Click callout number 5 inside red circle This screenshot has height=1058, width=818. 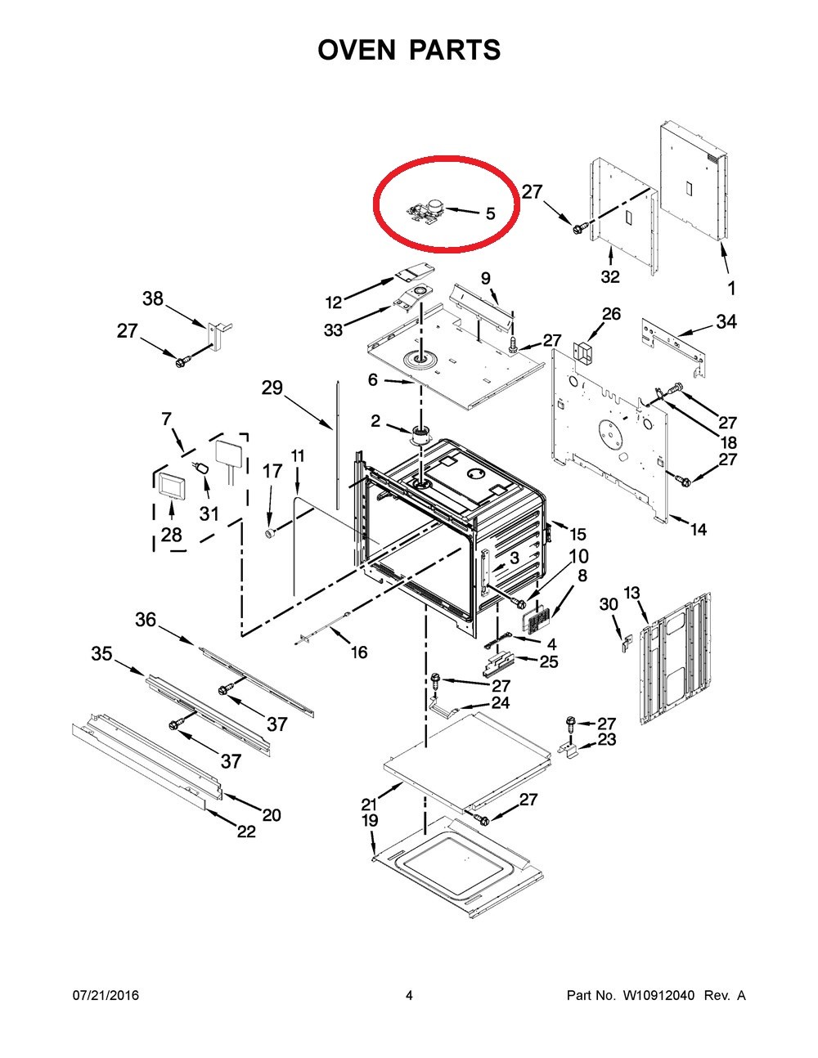pos(490,213)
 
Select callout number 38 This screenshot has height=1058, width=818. pos(153,299)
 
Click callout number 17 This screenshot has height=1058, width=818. pos(272,471)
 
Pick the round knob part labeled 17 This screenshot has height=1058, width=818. pos(267,533)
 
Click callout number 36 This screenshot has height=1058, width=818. pos(146,621)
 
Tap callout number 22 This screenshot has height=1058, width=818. pos(246,832)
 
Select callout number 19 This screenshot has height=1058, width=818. pos(370,820)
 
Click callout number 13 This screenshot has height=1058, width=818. pos(631,593)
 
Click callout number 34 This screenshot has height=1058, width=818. pos(726,322)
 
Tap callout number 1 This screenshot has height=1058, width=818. pos(731,288)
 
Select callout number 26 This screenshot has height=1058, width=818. pos(611,313)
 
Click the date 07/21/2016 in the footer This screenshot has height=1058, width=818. pos(106,995)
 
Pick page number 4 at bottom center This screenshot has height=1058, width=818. pos(409,995)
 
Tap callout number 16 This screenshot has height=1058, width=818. pos(358,652)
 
